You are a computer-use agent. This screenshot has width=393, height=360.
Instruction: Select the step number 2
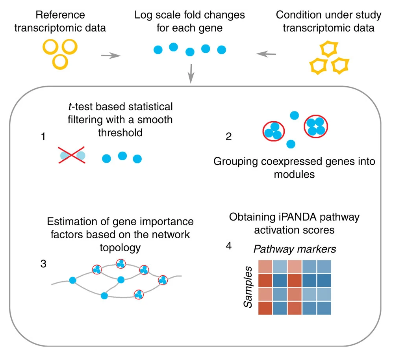pos(229,137)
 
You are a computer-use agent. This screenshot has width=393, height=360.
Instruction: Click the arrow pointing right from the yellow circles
pos(110,56)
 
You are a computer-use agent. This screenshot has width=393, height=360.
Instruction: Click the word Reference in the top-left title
pos(60,15)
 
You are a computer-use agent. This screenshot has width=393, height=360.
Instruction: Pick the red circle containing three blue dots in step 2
pos(273,131)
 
